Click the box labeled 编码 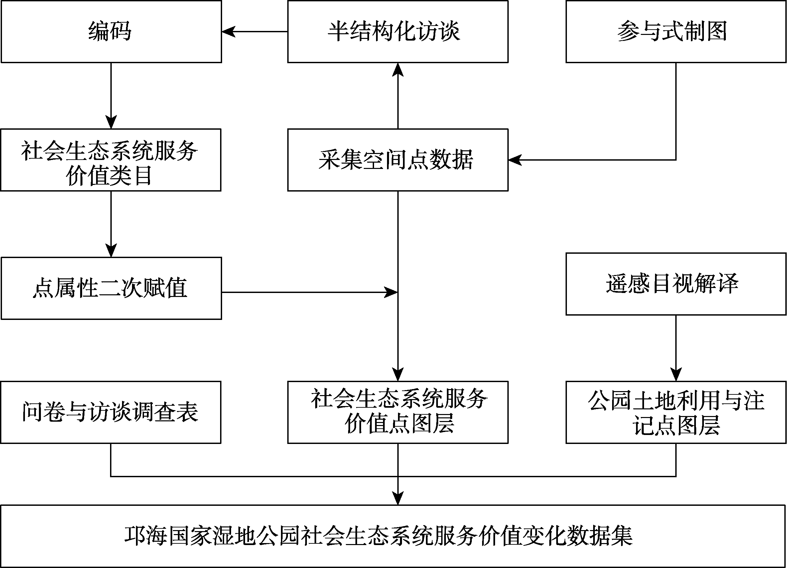point(111,32)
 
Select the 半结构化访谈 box point(398,32)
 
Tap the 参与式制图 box point(676,32)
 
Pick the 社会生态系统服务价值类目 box point(111,160)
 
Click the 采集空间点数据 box point(398,160)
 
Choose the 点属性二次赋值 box point(111,288)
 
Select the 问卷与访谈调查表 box point(111,412)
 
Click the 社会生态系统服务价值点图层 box point(398,412)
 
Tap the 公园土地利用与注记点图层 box point(676,412)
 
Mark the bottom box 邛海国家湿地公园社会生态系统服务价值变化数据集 point(394,536)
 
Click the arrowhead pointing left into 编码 point(229,32)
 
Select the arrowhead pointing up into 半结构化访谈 point(398,70)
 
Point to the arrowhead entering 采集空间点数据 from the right point(515,160)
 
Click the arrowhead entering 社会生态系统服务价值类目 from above point(111,122)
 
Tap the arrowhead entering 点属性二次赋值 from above point(111,250)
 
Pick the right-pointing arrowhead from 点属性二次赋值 point(391,293)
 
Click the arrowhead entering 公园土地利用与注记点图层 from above point(676,374)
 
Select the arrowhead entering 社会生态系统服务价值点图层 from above point(398,374)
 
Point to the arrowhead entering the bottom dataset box point(398,498)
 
